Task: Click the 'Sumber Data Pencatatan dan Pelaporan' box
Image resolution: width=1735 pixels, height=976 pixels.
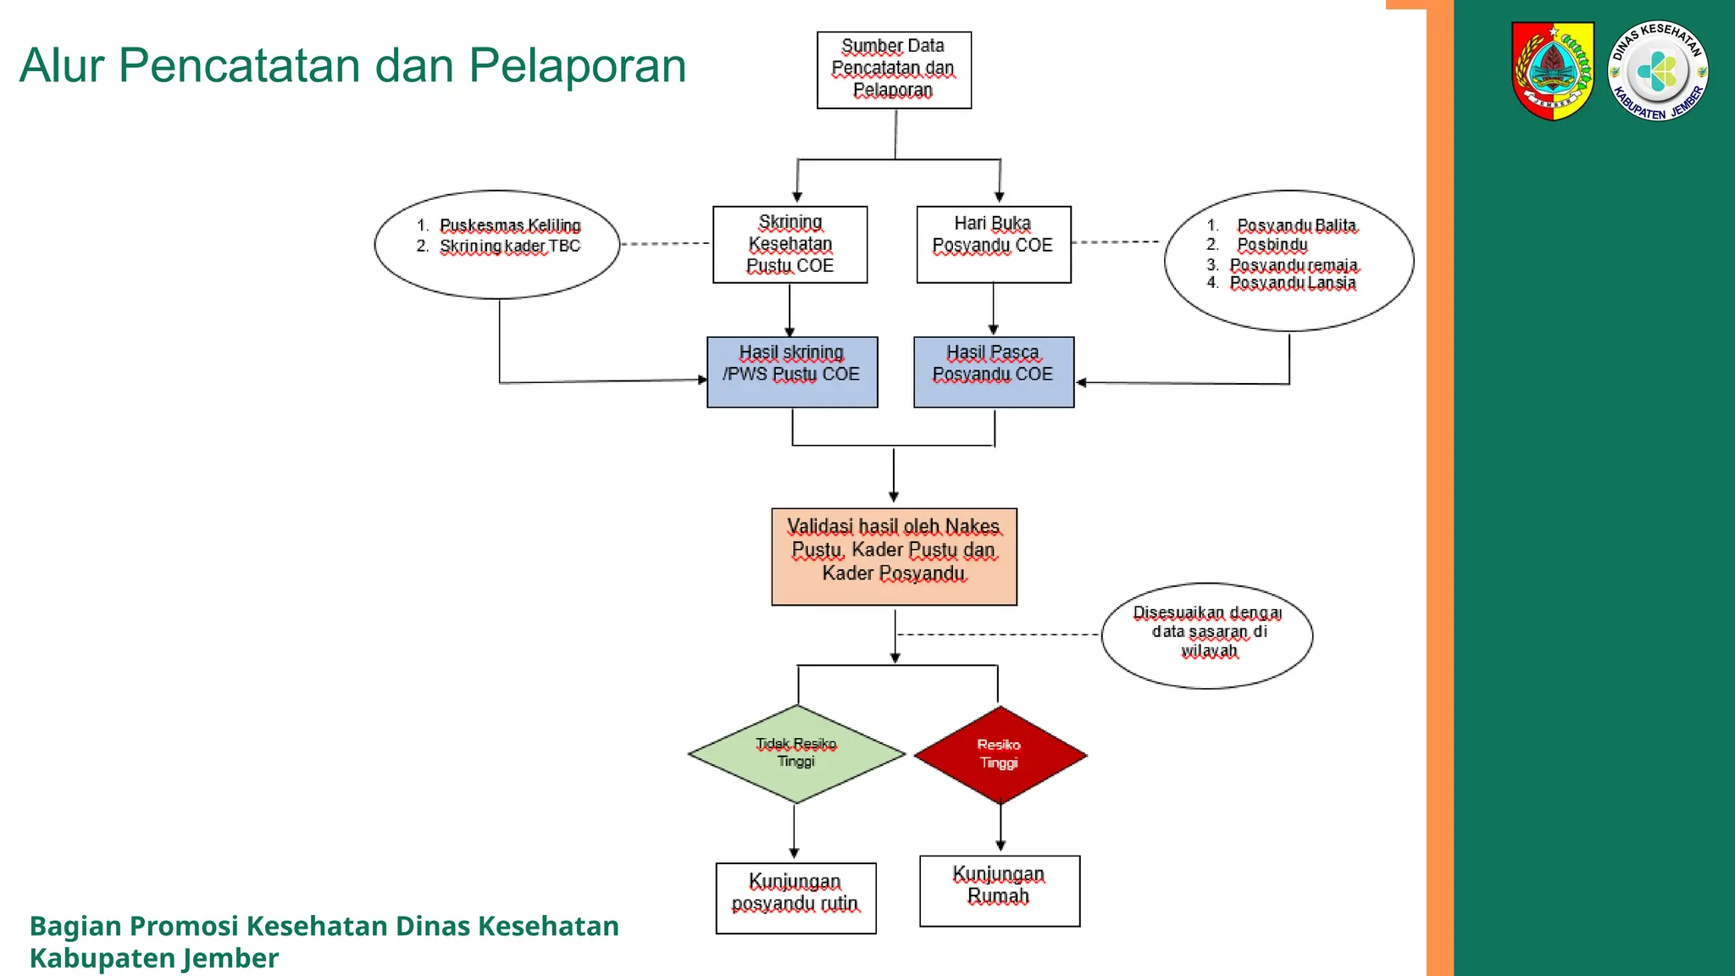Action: [x=894, y=69]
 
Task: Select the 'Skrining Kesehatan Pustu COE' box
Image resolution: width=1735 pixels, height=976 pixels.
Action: [x=790, y=244]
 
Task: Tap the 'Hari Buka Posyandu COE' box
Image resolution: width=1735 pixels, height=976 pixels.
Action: [x=993, y=244]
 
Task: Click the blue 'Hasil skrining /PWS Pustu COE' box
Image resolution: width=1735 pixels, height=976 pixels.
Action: [x=792, y=372]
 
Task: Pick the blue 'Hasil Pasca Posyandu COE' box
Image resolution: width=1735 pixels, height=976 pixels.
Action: [x=994, y=372]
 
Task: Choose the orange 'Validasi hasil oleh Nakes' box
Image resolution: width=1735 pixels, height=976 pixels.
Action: [x=894, y=556]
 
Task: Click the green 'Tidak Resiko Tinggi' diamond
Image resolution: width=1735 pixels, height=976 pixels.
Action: [x=796, y=753]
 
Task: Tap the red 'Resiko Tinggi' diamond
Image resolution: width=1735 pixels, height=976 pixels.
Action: [x=1000, y=754]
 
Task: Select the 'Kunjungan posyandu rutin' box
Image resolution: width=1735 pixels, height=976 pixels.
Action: [x=795, y=898]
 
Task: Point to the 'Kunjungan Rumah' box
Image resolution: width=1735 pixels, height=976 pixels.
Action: [x=1000, y=890]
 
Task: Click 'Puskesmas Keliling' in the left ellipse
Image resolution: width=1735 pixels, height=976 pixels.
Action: [x=510, y=225]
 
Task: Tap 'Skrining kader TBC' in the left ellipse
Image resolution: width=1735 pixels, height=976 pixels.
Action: [x=510, y=247]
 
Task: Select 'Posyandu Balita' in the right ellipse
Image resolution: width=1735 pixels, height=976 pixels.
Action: [x=1296, y=225]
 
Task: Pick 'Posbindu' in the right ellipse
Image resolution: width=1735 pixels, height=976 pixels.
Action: [x=1272, y=245]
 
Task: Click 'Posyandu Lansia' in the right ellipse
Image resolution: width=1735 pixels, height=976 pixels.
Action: [x=1293, y=283]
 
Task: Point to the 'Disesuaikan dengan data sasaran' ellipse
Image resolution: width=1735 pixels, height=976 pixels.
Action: [x=1207, y=635]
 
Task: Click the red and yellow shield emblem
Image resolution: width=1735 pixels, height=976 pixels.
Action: [x=1553, y=71]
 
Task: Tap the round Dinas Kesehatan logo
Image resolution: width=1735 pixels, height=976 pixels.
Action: [x=1657, y=71]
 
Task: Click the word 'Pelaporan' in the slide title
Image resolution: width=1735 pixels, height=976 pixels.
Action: [x=577, y=65]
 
